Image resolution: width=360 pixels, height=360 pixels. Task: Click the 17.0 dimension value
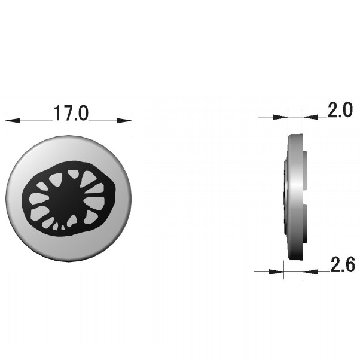click(x=71, y=113)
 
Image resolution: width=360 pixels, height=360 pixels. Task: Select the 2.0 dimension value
click(x=340, y=110)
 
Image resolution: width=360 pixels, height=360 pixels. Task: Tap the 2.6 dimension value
click(x=343, y=265)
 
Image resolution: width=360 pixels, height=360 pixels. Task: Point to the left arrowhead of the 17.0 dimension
click(x=13, y=120)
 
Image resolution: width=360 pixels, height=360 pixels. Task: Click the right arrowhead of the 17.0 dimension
click(x=124, y=120)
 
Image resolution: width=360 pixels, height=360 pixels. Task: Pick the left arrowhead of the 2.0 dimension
click(x=280, y=117)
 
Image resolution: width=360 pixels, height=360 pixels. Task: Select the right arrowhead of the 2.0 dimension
click(x=310, y=117)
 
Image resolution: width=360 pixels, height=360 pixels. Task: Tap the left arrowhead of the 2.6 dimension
click(x=276, y=272)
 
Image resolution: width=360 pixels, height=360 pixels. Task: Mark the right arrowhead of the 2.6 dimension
click(x=310, y=272)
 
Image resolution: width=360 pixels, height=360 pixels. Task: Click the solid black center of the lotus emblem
click(x=65, y=198)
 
